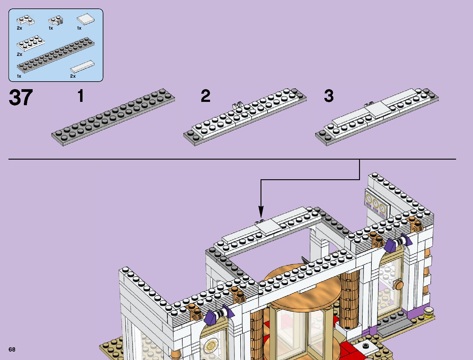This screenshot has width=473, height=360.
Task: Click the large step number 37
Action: pos(21,98)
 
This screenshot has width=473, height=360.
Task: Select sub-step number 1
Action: pos(80,96)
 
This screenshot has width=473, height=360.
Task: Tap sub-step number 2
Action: pos(206,96)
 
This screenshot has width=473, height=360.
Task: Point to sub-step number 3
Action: pos(329,96)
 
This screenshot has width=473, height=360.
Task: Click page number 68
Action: pos(12,349)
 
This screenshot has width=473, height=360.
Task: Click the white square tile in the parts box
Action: pos(86,20)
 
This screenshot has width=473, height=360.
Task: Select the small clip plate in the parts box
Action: pos(55,21)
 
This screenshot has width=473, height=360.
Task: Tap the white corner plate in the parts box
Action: pos(25,20)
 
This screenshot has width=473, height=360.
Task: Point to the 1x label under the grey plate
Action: pos(19,76)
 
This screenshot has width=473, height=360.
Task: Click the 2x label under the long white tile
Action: pos(73,76)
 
